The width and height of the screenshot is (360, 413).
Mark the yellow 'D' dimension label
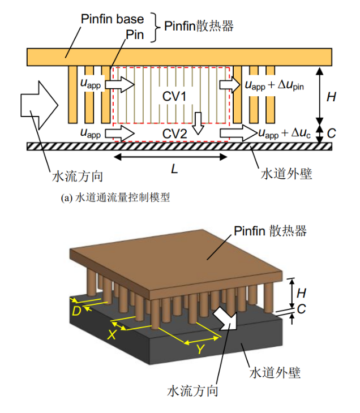[x=76, y=310]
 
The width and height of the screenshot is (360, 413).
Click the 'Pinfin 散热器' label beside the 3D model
[x=270, y=231]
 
